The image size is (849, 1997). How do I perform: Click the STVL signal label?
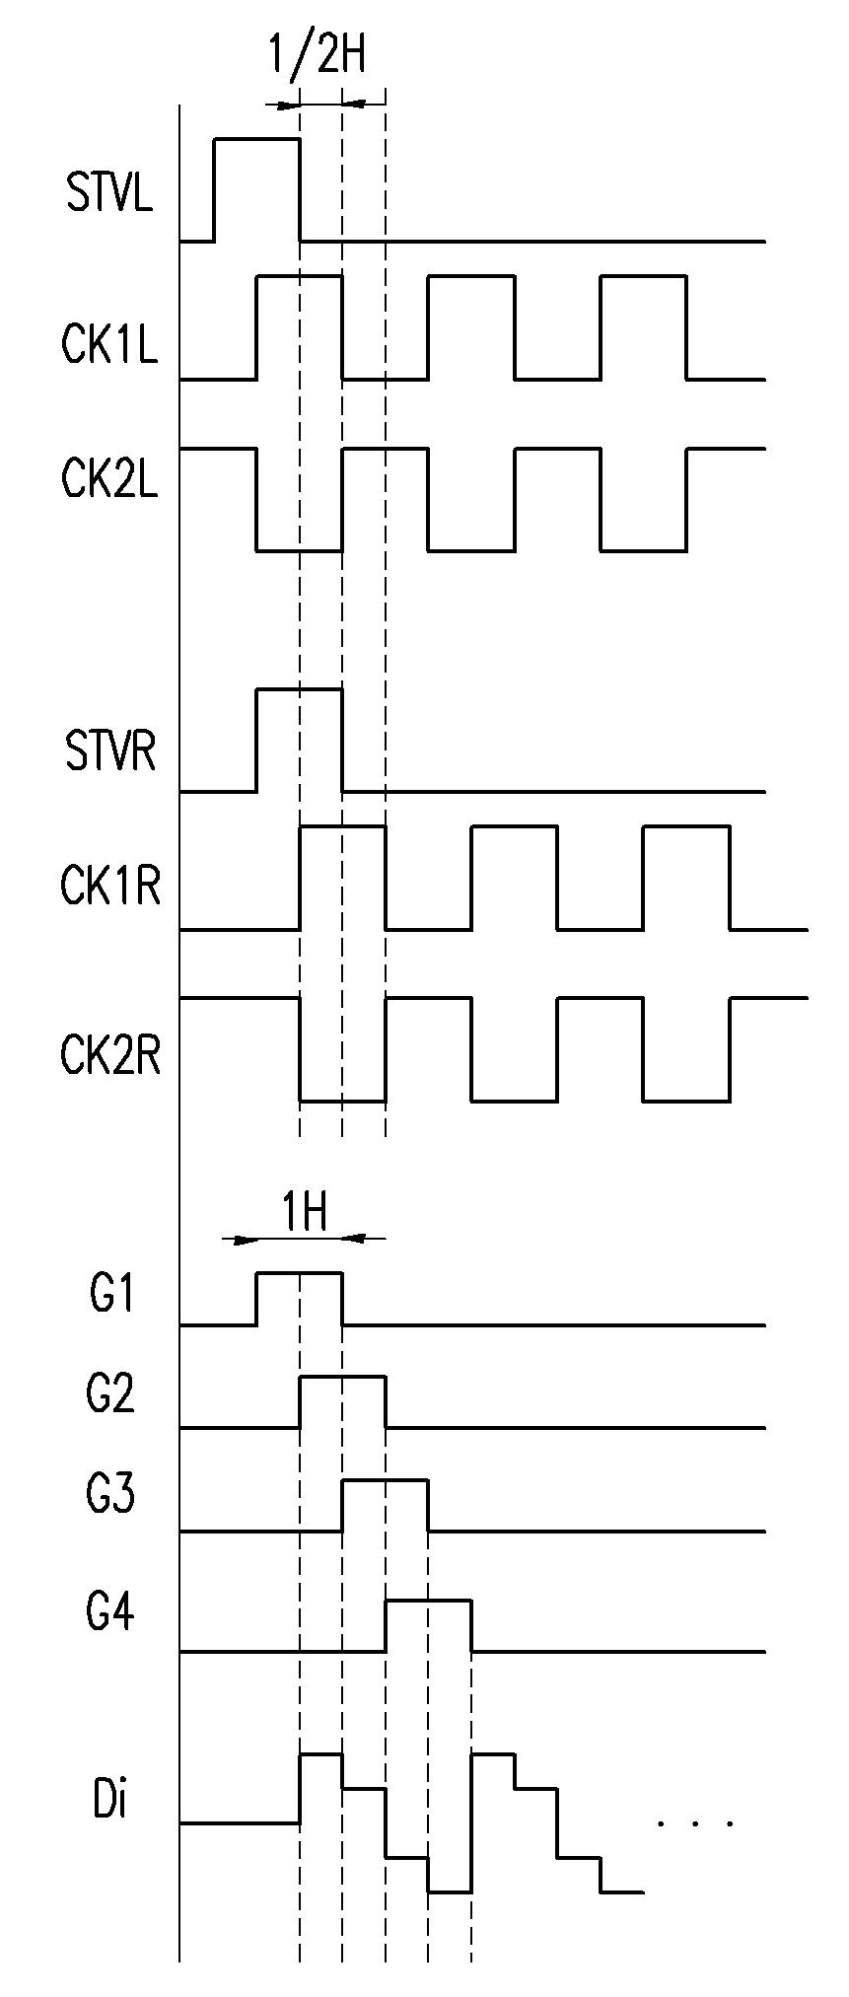(110, 193)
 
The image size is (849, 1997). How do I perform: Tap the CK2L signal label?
(109, 479)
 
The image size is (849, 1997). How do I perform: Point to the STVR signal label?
(110, 752)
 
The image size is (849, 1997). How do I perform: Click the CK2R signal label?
(110, 1056)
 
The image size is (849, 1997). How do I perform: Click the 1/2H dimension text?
(318, 56)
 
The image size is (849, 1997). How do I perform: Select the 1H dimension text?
(305, 1213)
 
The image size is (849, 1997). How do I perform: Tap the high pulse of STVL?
(256, 140)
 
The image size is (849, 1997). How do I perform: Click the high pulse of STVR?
(299, 690)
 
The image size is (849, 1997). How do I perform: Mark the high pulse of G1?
(299, 1273)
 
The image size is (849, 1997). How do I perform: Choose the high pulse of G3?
(385, 1479)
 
